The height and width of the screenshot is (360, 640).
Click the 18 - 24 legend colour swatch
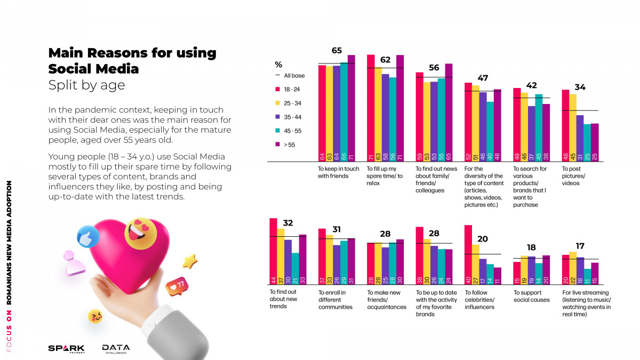click(277, 89)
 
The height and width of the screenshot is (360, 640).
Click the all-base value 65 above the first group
click(337, 51)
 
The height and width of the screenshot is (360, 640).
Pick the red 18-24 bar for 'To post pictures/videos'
click(565, 126)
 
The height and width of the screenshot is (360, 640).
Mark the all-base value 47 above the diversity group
click(483, 78)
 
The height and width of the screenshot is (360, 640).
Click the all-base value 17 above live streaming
click(580, 246)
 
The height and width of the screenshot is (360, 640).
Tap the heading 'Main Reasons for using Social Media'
click(132, 61)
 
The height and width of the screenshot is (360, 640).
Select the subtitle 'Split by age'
click(86, 85)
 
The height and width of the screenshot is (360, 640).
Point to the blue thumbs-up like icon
click(88, 237)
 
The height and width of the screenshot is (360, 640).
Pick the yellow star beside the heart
click(189, 261)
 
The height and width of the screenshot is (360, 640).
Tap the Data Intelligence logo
click(116, 348)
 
